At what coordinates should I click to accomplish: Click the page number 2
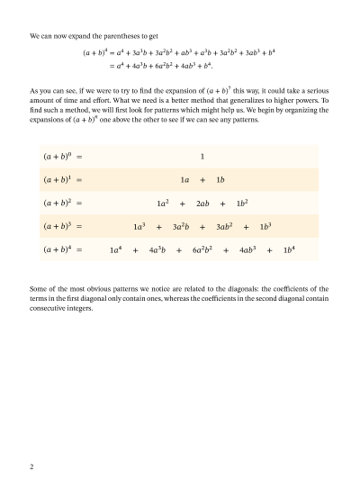(31, 466)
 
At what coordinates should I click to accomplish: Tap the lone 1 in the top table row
(202, 156)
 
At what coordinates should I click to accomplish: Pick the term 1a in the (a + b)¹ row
(184, 179)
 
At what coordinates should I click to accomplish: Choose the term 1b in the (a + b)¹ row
(220, 179)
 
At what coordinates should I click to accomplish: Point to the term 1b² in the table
(242, 203)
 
